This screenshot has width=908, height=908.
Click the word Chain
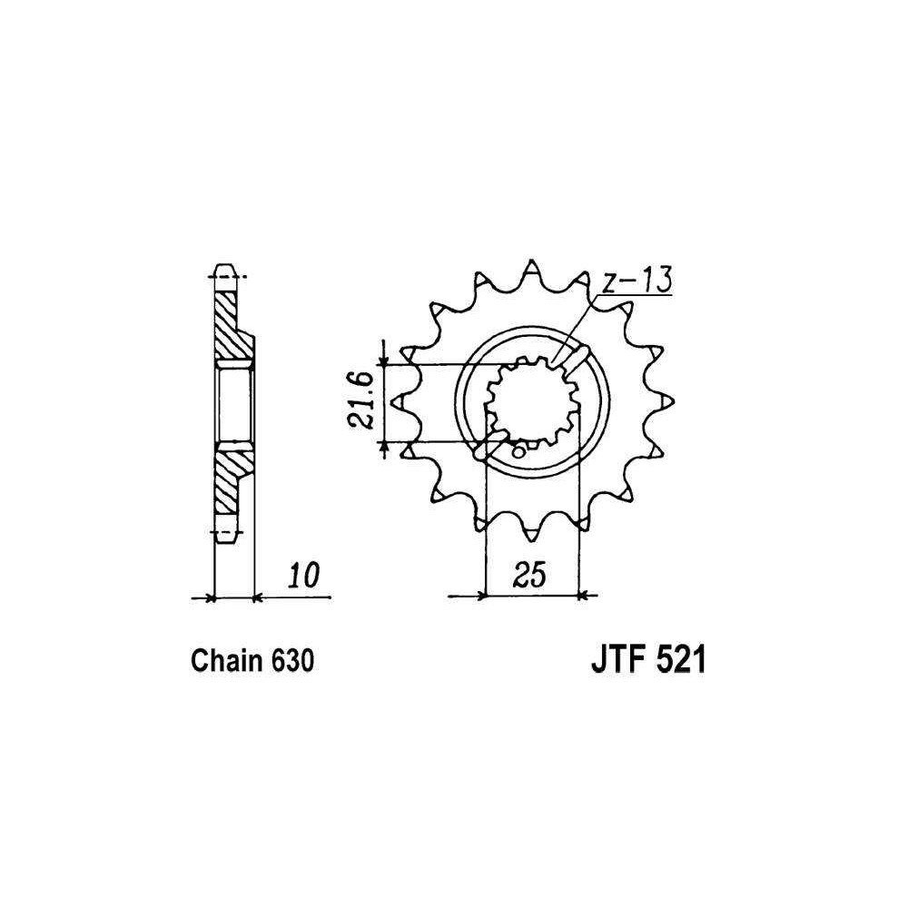[x=227, y=661]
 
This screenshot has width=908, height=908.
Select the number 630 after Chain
[x=291, y=661]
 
